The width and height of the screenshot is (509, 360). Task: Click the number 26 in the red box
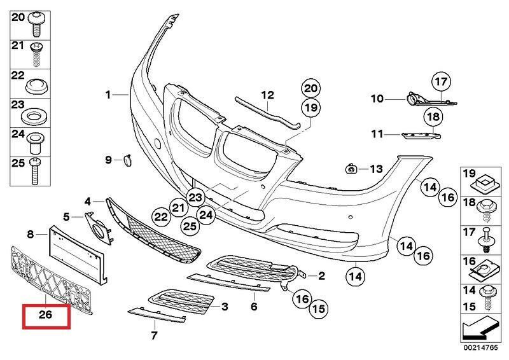tap(46, 315)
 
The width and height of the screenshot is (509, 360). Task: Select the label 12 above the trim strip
tap(267, 95)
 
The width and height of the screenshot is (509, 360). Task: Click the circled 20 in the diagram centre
tap(310, 88)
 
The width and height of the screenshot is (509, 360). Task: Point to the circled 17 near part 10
tap(441, 81)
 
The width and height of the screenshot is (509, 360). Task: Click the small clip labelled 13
tap(351, 169)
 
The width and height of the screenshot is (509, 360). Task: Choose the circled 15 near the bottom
tap(319, 309)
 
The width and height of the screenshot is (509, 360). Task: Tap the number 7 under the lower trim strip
tap(153, 335)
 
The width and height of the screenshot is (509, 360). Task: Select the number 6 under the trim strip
tap(253, 307)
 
